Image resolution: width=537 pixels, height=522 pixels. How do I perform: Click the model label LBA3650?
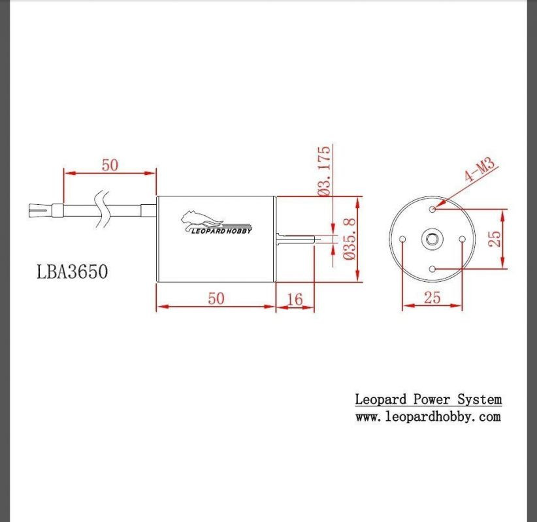(x=73, y=271)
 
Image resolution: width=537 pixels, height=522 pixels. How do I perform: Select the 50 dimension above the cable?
(x=110, y=165)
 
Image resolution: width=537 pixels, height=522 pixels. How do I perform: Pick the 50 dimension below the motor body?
(x=216, y=298)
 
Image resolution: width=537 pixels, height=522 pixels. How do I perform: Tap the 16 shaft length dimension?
(x=295, y=299)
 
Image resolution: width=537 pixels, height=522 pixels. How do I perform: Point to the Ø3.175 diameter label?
(x=324, y=172)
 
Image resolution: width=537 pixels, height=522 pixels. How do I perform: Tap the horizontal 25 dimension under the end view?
(x=432, y=298)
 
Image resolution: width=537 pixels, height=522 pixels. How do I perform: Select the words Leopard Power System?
(x=428, y=399)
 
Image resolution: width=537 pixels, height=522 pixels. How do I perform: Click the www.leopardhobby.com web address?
(x=428, y=417)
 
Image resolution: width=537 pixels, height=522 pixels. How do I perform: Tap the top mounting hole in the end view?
(x=433, y=209)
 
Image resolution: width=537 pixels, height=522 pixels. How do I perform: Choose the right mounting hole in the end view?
(x=462, y=239)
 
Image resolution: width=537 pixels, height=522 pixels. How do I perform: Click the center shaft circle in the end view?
(x=432, y=239)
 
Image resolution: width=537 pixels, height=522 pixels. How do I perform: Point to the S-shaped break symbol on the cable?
(x=103, y=210)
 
